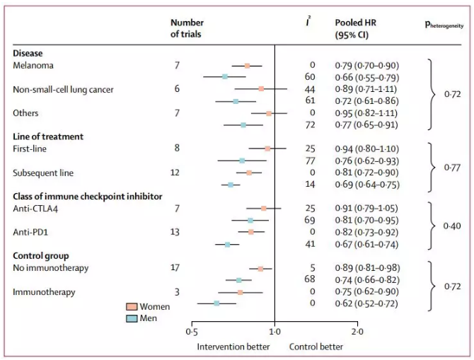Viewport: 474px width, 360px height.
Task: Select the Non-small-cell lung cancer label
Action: click(x=64, y=89)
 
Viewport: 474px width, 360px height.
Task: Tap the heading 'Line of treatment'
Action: click(x=48, y=136)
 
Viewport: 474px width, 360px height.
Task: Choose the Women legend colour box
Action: click(x=132, y=307)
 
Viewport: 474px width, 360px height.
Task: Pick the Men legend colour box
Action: click(x=132, y=318)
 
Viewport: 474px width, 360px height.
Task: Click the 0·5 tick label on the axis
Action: click(x=192, y=331)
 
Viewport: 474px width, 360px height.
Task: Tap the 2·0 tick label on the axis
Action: click(x=357, y=331)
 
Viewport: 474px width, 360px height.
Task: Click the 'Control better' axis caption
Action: click(x=316, y=347)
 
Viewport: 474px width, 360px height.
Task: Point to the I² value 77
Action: click(x=310, y=161)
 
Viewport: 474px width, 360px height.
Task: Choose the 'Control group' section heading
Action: click(x=42, y=255)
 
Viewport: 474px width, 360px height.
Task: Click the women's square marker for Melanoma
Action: click(x=247, y=66)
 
